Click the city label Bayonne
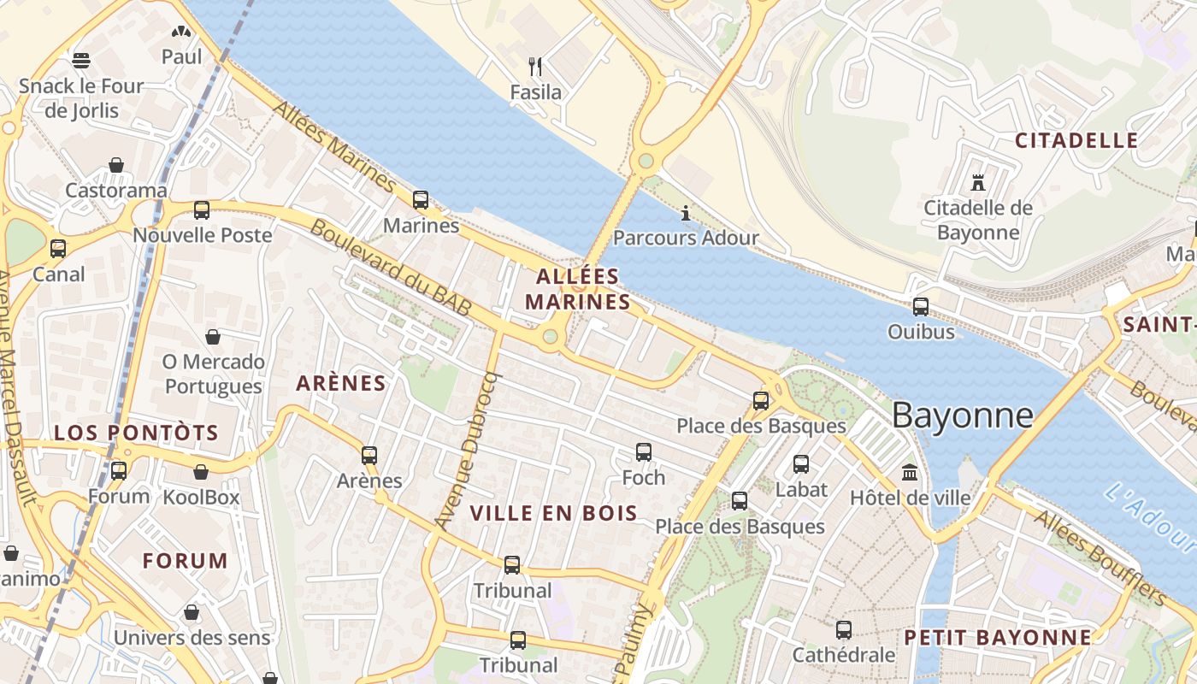point(962,416)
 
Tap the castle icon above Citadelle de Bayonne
point(978,182)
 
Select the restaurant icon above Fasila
point(535,67)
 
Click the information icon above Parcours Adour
point(685,213)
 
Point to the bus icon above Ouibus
point(920,307)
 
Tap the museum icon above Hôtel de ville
point(910,472)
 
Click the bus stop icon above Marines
point(420,200)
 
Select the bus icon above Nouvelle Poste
point(202,210)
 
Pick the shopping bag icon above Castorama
point(115,165)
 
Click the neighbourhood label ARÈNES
point(341,383)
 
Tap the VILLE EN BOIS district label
point(553,513)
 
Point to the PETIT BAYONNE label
point(998,638)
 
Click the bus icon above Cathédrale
point(843,630)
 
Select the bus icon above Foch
point(643,452)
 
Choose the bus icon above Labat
point(800,464)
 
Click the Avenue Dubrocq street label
point(466,451)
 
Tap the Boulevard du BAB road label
point(390,267)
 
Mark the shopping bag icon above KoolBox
point(201,472)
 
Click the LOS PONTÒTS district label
point(136,433)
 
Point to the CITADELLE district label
point(1076,141)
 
